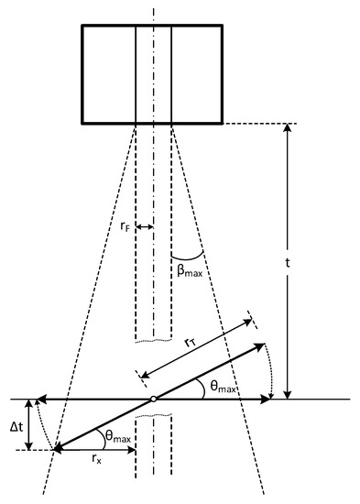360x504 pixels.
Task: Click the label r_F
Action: [125, 227]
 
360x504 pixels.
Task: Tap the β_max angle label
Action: [190, 270]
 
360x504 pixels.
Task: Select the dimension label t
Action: [288, 263]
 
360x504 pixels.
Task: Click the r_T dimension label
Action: [191, 343]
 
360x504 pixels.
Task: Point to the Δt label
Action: [16, 427]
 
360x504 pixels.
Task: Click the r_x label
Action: [96, 459]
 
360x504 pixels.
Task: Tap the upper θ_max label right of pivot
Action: [224, 386]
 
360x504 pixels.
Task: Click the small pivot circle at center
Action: [153, 400]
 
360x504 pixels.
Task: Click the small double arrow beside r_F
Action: [145, 227]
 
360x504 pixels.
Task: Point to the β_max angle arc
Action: [188, 257]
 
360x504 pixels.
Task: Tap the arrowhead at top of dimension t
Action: [288, 127]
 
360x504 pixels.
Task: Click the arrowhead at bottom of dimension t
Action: [288, 394]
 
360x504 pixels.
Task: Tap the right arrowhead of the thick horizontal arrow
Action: [265, 400]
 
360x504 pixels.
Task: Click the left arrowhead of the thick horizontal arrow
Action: [41, 400]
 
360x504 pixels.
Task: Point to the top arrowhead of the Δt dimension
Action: [29, 404]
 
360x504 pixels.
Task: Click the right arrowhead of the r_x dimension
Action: [132, 450]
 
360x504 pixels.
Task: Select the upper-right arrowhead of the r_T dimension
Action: [247, 321]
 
